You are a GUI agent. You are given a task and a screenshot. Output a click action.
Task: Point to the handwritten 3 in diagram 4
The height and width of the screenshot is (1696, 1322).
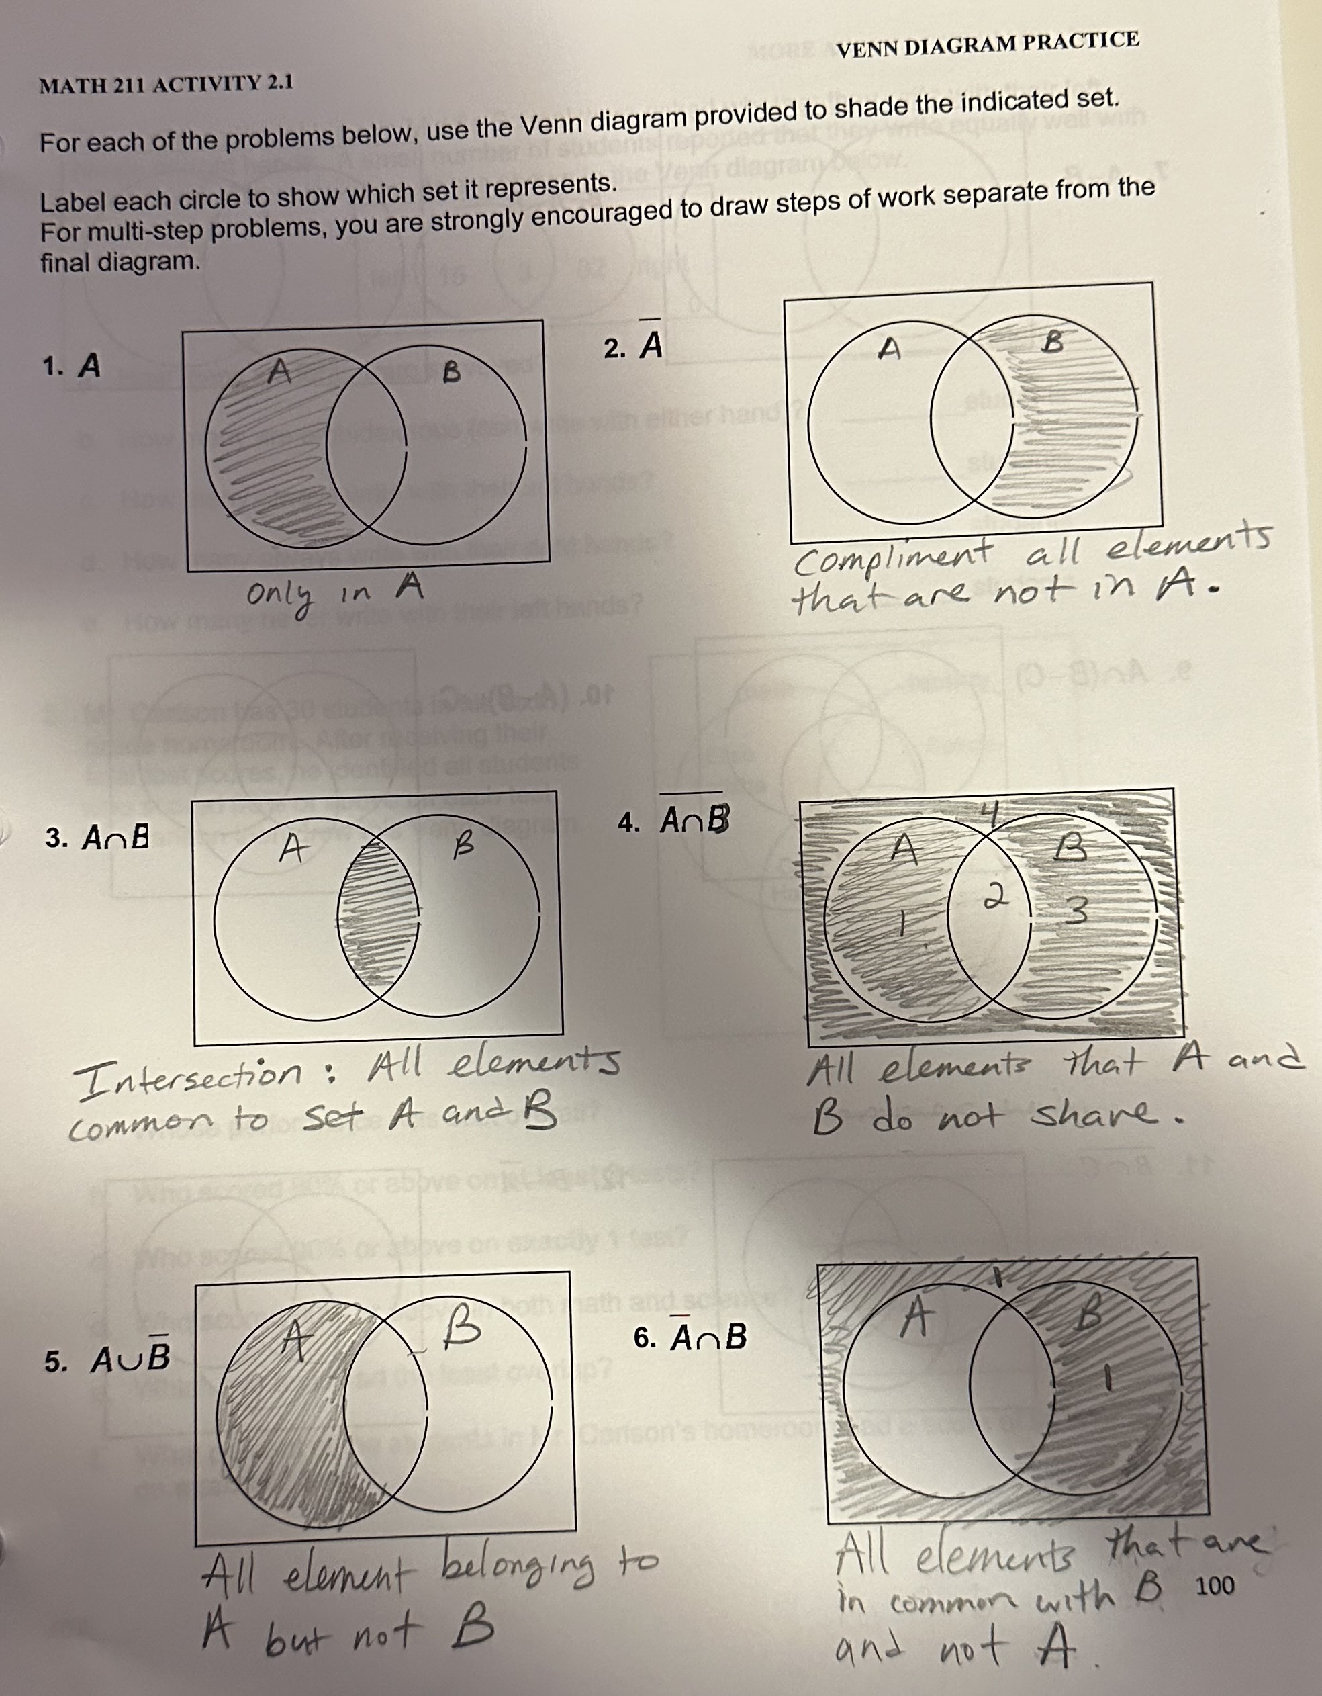(1073, 909)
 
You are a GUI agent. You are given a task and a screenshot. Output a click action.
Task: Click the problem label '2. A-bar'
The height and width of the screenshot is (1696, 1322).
(633, 345)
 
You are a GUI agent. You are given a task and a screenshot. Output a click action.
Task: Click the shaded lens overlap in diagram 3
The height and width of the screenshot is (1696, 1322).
(378, 916)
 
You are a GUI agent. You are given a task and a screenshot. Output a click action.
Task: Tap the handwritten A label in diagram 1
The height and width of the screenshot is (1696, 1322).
(279, 372)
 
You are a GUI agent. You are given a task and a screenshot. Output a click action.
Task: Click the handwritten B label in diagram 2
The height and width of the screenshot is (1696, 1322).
(1052, 343)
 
